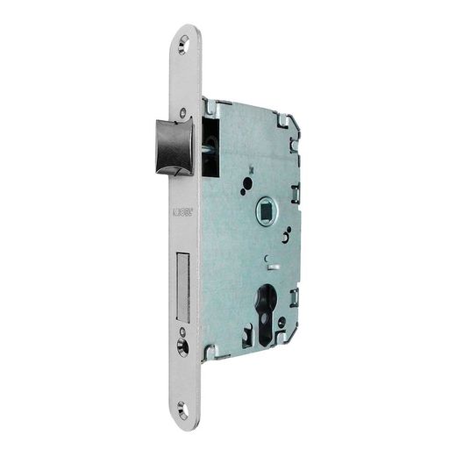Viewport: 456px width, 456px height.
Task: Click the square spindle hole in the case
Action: click(x=264, y=210)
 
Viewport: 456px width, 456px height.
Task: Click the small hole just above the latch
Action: click(x=182, y=111)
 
